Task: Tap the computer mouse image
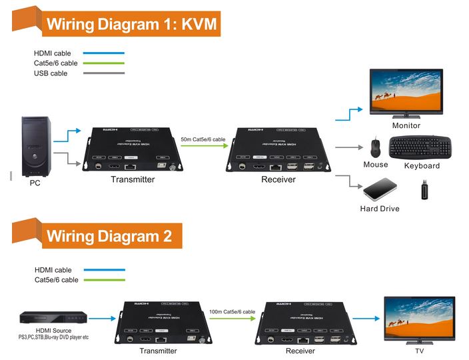pos(374,147)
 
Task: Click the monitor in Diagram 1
pos(405,93)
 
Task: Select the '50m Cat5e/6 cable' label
pos(203,139)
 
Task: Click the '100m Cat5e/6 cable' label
pos(231,311)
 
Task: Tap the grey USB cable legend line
pos(105,73)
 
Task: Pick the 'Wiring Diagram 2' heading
pos(109,235)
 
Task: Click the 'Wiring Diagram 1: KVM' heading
pos(130,24)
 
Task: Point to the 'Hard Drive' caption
pos(380,209)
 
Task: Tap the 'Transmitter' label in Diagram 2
pos(158,351)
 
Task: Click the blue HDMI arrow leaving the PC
pos(66,136)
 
